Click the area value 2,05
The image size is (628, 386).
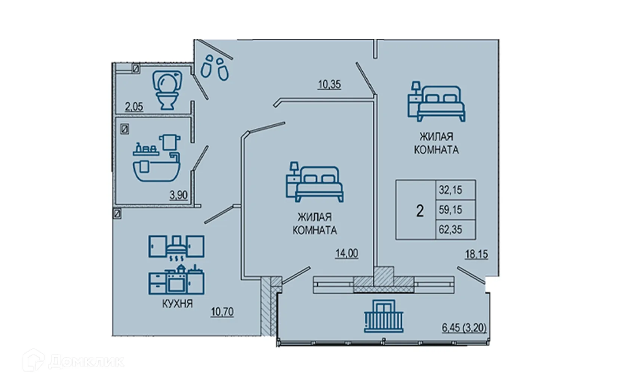pos(134,107)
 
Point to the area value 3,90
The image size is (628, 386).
pos(178,195)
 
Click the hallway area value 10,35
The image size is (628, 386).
pos(329,84)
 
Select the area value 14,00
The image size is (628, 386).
pos(347,253)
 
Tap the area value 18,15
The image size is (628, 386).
pos(476,254)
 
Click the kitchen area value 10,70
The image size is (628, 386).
pos(222,311)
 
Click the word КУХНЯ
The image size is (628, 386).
pos(178,303)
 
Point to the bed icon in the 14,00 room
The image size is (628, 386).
pos(315,183)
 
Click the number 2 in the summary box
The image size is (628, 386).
pos(420,211)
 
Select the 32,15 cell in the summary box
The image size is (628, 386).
pos(450,190)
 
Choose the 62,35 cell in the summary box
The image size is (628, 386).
pos(450,229)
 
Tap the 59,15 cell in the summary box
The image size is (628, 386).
pos(450,210)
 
